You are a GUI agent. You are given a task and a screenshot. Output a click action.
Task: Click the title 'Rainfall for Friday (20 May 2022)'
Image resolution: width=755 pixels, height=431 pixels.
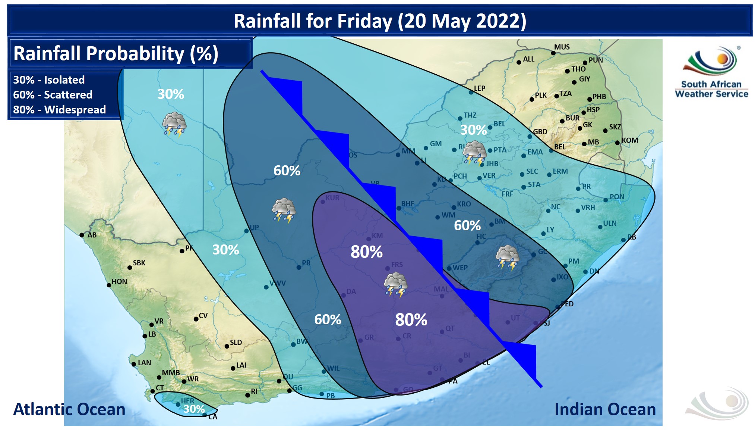(x=380, y=21)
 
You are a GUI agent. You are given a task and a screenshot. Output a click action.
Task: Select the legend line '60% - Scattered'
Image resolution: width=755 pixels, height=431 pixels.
(x=53, y=95)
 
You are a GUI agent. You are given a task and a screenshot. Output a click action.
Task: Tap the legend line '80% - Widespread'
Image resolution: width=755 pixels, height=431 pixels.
(x=59, y=110)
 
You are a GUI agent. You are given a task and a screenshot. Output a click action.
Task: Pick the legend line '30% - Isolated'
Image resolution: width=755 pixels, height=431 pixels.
(x=49, y=80)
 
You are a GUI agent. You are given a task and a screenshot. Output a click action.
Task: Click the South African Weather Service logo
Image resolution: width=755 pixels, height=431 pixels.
(x=711, y=72)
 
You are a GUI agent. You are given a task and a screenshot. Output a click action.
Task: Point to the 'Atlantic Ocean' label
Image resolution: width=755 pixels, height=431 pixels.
(x=69, y=409)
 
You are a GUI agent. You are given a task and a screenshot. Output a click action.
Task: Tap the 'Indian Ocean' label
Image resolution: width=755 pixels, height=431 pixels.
(x=605, y=409)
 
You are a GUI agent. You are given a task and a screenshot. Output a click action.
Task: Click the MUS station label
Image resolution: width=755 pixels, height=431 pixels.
(x=562, y=47)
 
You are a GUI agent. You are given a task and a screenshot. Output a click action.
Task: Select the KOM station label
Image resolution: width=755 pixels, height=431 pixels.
(x=630, y=140)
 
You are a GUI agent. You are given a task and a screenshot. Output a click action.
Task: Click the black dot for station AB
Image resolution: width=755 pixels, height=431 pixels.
(x=82, y=235)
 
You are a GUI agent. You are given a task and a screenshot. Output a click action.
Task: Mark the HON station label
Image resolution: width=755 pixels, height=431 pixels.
(x=119, y=281)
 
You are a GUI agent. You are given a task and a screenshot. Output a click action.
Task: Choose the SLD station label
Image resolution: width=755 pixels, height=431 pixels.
(x=236, y=342)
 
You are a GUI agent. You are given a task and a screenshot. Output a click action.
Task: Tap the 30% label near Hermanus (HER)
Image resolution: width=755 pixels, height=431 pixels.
(x=194, y=409)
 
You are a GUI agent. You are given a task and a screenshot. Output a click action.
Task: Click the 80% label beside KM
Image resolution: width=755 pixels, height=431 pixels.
(x=366, y=252)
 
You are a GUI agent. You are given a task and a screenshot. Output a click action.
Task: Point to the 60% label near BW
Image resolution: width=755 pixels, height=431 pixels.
(x=328, y=319)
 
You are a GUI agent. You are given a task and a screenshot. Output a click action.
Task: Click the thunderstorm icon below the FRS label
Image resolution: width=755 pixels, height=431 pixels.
(x=395, y=285)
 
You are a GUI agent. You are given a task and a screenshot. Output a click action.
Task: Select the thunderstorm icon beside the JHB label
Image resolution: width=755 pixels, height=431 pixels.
(x=474, y=153)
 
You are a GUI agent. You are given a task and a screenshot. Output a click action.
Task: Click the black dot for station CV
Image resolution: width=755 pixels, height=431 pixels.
(x=196, y=319)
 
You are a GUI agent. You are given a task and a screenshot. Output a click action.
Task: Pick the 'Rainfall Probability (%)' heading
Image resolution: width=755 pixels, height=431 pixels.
(x=116, y=53)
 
